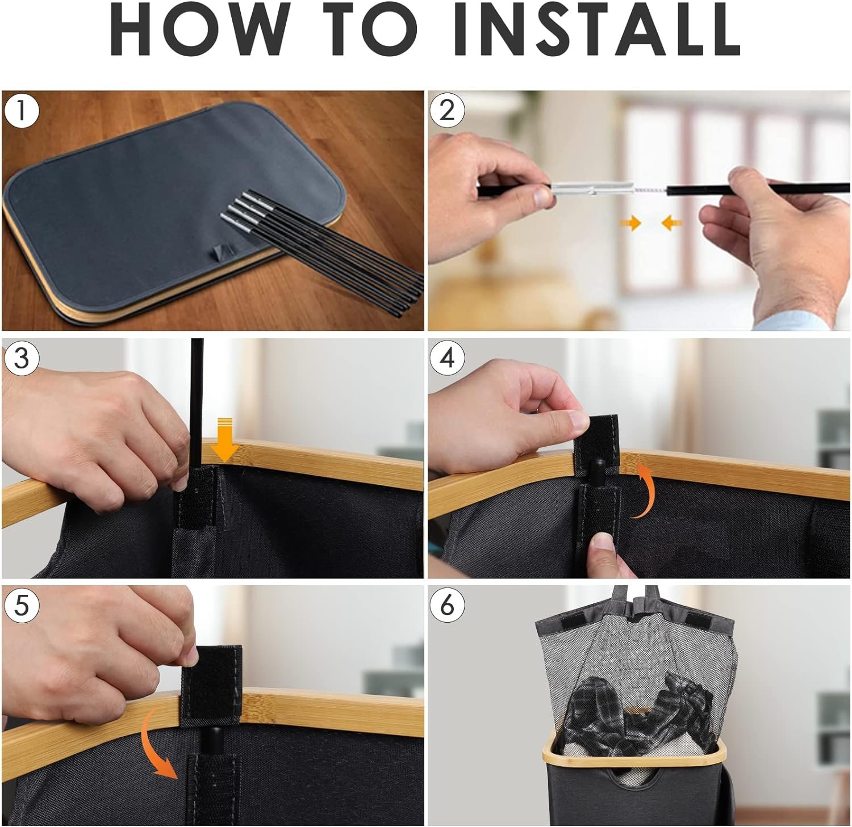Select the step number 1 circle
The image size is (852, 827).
22,110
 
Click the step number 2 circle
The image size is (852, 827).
447,110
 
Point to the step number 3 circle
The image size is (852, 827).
22,358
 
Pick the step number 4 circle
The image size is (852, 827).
447,358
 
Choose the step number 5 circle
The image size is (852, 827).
22,605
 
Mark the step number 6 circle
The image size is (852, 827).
447,605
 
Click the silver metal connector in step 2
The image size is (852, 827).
591,187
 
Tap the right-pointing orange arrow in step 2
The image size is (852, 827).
630,223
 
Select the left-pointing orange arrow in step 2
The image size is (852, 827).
672,223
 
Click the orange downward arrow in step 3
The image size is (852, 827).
225,439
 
